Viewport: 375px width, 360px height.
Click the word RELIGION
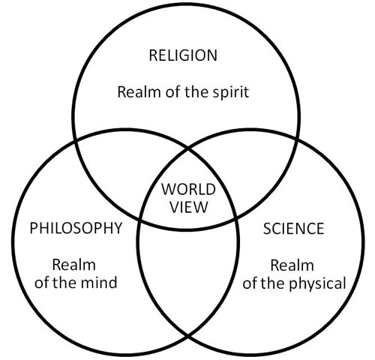point(183,55)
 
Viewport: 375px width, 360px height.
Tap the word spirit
point(231,92)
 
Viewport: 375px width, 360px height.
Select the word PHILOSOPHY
point(76,228)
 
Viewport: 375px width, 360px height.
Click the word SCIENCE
point(293,229)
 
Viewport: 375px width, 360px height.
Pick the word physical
point(317,284)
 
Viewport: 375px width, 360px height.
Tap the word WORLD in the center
point(188,189)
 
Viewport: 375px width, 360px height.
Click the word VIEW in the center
point(189,207)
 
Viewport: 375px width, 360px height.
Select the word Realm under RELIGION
point(139,92)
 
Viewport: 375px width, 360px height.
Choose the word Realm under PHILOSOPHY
point(74,265)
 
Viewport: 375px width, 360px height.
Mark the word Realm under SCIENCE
point(292,265)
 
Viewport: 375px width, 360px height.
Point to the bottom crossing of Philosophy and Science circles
point(188,335)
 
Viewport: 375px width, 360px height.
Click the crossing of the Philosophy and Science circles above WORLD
point(188,149)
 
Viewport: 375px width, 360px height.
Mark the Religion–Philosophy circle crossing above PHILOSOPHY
point(75,141)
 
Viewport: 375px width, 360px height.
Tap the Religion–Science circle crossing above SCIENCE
point(297,139)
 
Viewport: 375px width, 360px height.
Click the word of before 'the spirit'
point(172,92)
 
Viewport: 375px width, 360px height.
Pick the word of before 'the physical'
point(250,283)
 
